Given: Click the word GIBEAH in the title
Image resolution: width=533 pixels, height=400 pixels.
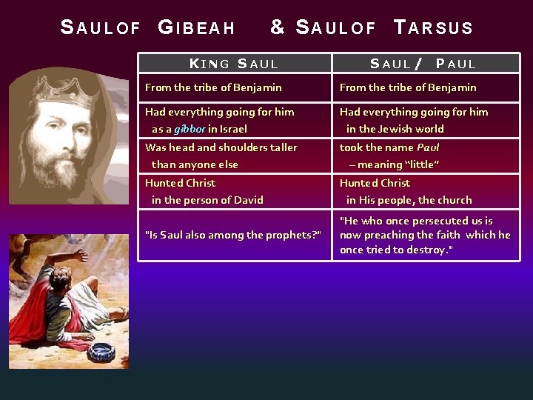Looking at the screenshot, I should (197, 28).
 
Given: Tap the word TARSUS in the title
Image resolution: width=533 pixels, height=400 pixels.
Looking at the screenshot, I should (434, 28).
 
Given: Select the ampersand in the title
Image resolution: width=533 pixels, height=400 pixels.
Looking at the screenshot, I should (278, 27).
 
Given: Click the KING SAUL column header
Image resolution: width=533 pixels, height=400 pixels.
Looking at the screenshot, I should (234, 64).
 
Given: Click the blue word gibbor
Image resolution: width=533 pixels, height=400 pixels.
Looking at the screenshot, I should (190, 129).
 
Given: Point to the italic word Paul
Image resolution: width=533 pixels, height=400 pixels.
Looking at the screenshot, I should (428, 147).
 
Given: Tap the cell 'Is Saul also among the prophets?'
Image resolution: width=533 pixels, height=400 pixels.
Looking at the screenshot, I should (233, 235).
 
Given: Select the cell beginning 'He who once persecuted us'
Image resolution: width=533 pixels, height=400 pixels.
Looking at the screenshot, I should (425, 235).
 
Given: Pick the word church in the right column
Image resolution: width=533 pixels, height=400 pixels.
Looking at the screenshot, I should (455, 200).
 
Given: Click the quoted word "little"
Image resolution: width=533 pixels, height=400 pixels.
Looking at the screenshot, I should (422, 164).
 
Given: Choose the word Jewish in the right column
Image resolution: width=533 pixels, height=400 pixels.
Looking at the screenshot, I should (395, 129).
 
